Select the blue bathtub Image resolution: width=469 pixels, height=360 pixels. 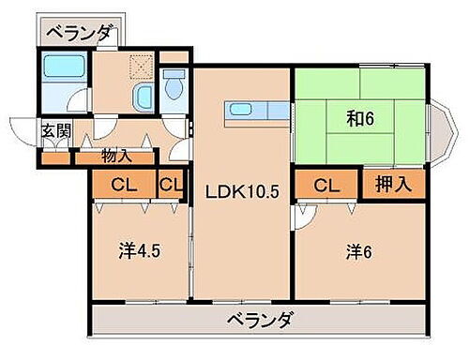point(63,70)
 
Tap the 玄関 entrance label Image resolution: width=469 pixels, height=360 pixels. point(26,131)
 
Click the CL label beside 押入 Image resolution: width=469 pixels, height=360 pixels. point(325,184)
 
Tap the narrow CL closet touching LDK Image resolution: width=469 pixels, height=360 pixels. point(172,184)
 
